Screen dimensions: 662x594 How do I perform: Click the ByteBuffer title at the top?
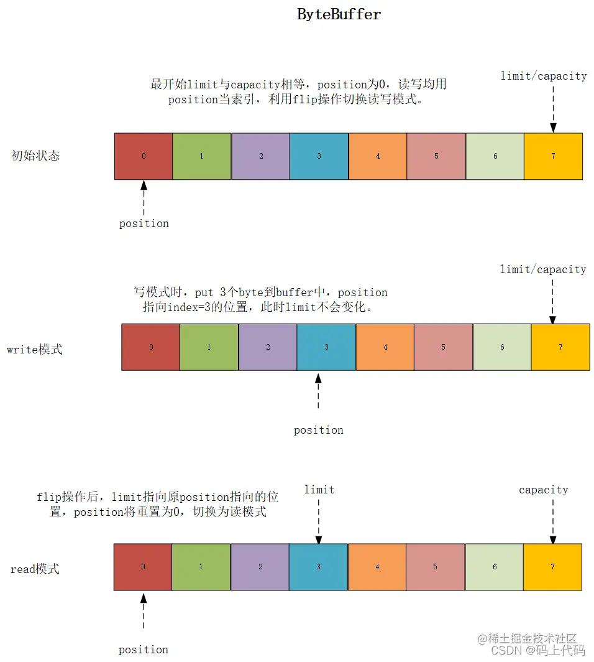point(339,14)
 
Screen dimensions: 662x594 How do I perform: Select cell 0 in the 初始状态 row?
point(144,156)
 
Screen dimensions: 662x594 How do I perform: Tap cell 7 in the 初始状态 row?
point(553,156)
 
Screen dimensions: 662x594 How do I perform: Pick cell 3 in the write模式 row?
point(326,347)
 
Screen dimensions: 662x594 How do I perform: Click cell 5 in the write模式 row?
point(443,347)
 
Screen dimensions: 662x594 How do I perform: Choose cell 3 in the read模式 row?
point(318,567)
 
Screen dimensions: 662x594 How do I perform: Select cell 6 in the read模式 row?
point(494,567)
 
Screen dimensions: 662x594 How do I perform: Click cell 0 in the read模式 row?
point(143,567)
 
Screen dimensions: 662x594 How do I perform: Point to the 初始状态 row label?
point(36,156)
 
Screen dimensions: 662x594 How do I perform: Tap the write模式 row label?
point(35,349)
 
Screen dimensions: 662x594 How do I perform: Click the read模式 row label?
point(35,569)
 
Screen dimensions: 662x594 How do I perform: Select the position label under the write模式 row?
point(318,430)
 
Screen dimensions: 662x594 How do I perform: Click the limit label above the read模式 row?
point(319,490)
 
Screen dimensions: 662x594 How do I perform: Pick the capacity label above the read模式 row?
point(543,490)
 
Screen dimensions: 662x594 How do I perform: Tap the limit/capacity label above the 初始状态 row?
point(544,76)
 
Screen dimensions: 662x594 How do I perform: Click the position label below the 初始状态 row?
point(144,223)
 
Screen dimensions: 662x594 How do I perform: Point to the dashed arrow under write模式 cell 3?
point(318,392)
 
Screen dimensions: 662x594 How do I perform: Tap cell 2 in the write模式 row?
point(268,347)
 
